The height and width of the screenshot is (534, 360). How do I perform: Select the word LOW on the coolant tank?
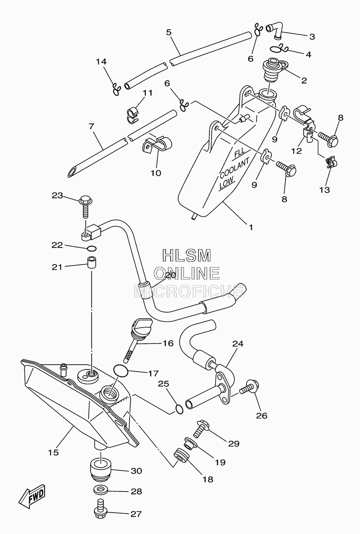coord(226,183)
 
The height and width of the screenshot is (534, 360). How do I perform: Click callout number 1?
coord(251,227)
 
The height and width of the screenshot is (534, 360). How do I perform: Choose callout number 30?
coord(136,471)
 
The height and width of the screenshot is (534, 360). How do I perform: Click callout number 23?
coord(57,196)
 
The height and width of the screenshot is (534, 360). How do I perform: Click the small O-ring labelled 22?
coord(92,249)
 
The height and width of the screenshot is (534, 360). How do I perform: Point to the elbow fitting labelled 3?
coord(274,31)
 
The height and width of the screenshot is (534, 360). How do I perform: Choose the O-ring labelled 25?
coord(179,409)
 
